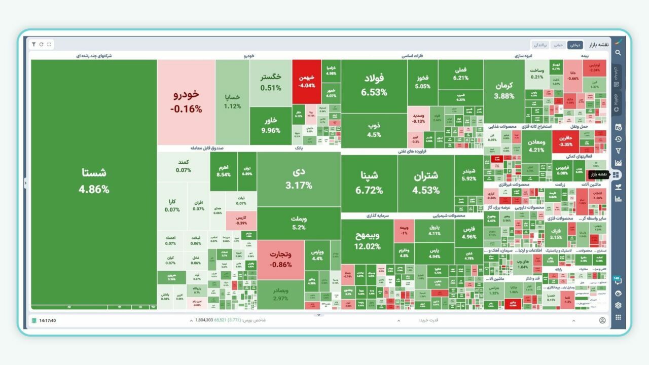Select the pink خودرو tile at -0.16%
tap(186, 101)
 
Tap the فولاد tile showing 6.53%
tap(374, 85)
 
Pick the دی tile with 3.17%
tap(299, 178)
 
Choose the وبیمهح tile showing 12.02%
tap(368, 241)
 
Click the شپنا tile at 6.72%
tap(369, 182)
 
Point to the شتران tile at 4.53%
tap(426, 182)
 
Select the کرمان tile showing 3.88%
tap(504, 90)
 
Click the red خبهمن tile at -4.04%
tap(307, 81)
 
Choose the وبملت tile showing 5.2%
tap(299, 223)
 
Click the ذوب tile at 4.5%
tap(374, 130)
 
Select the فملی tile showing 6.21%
tap(461, 74)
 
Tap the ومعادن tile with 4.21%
tap(536, 145)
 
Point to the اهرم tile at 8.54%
tap(224, 171)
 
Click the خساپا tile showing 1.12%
tap(232, 101)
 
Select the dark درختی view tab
tap(574, 45)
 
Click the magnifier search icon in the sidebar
tap(618, 52)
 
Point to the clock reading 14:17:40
tap(48, 320)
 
